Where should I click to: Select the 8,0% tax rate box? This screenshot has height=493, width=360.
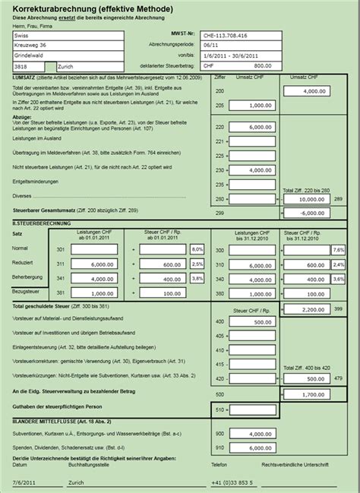(197, 249)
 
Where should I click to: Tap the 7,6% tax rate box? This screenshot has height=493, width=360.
(338, 249)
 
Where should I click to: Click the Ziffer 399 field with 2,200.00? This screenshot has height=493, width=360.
(307, 310)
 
